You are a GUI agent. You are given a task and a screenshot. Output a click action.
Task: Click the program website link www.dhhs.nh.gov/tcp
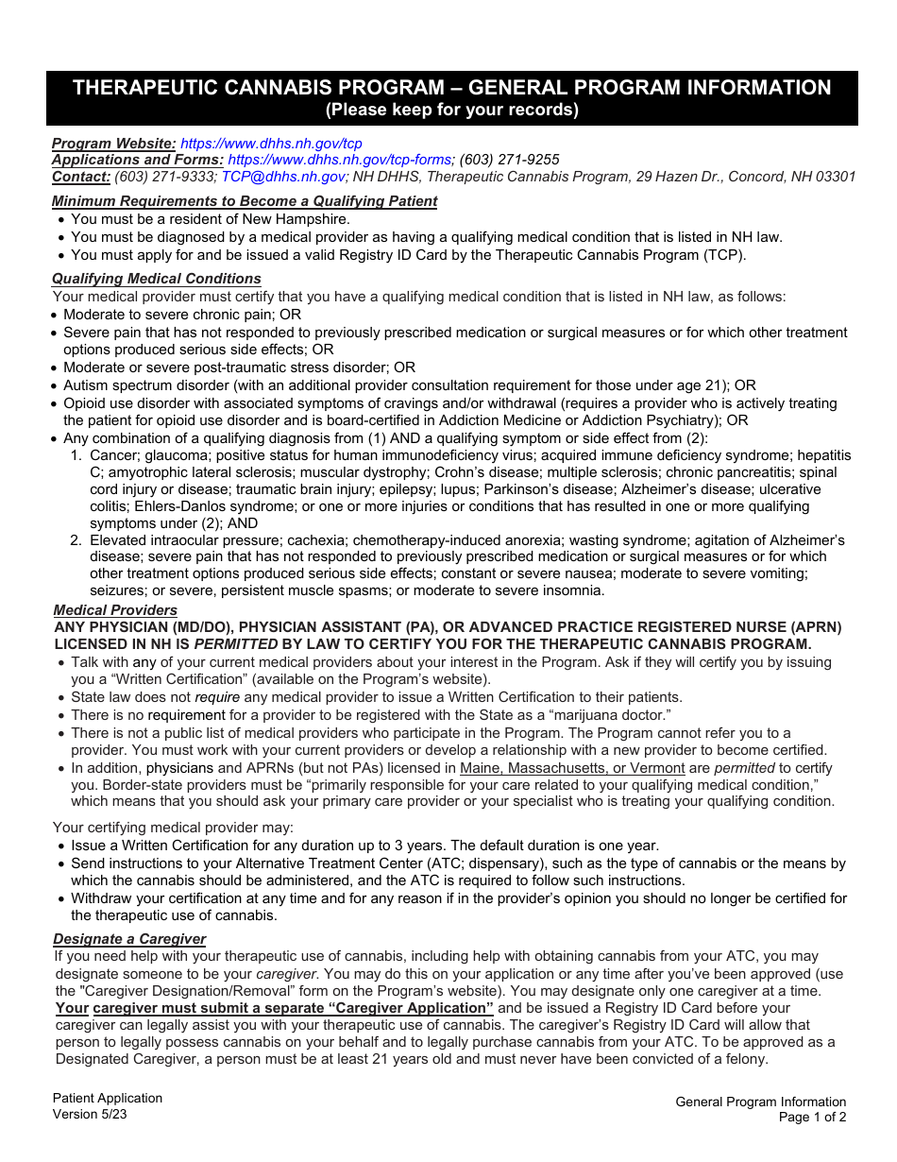coord(271,144)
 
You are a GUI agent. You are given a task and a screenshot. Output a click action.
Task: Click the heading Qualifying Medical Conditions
coord(156,279)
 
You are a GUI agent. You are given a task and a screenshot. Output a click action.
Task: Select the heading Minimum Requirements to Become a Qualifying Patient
coord(245,201)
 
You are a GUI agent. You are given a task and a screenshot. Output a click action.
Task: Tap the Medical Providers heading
coord(115,610)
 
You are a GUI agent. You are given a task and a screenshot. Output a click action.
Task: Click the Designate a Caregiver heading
coord(129,939)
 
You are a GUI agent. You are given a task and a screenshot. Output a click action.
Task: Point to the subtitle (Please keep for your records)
coord(452,111)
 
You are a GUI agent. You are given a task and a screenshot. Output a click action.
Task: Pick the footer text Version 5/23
coord(90,1114)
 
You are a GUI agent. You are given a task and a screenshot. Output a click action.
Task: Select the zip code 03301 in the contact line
coord(834,177)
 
